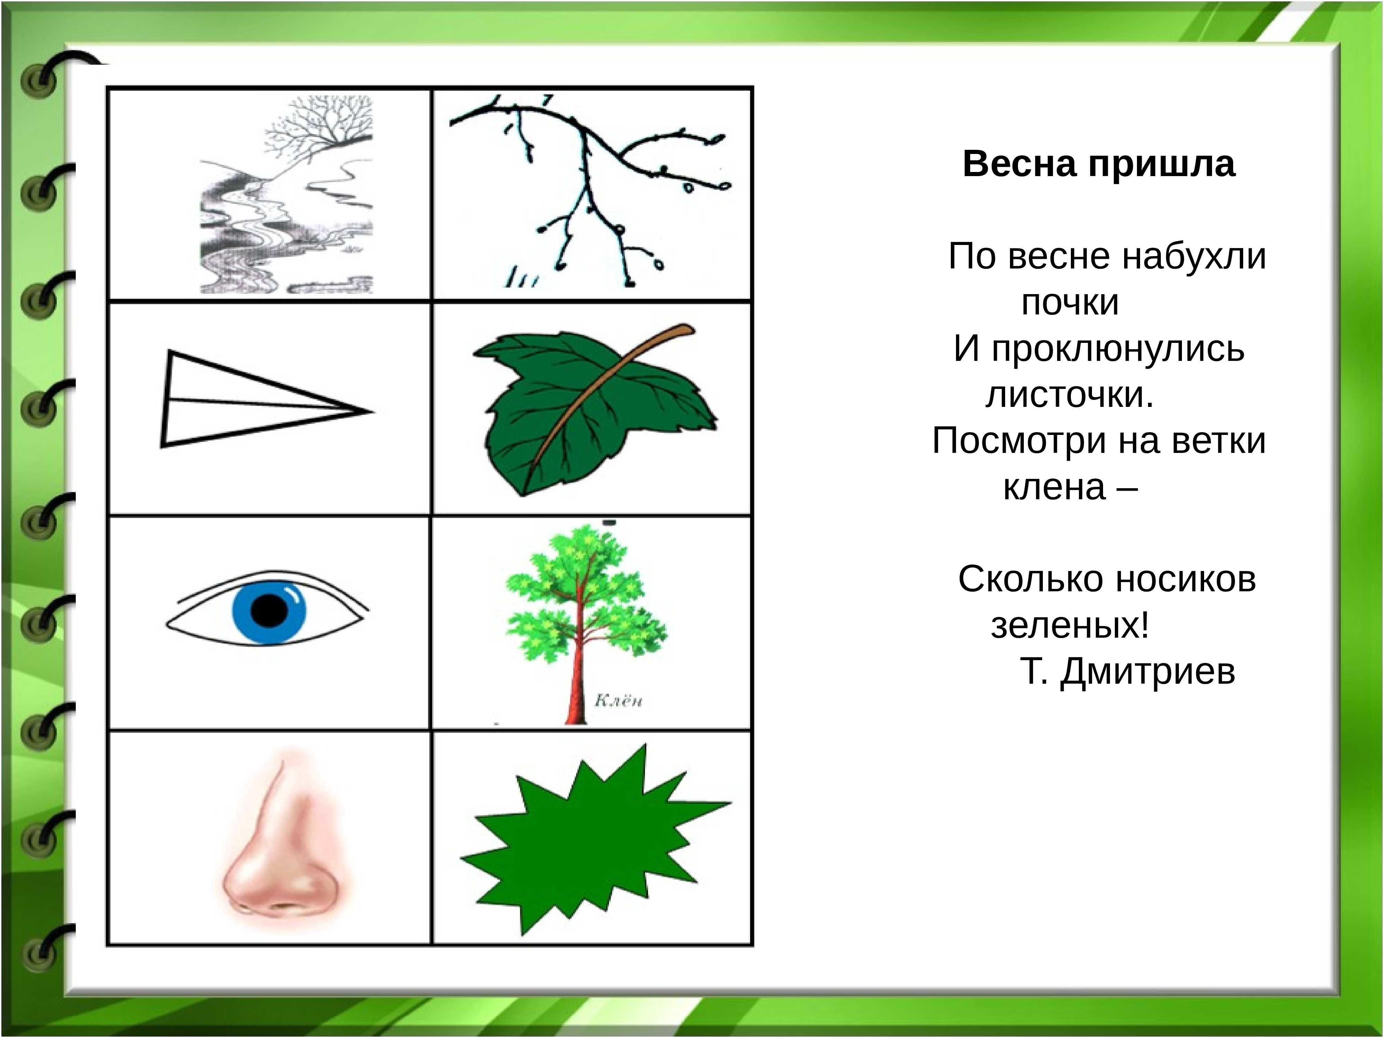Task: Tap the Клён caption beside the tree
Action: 618,701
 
